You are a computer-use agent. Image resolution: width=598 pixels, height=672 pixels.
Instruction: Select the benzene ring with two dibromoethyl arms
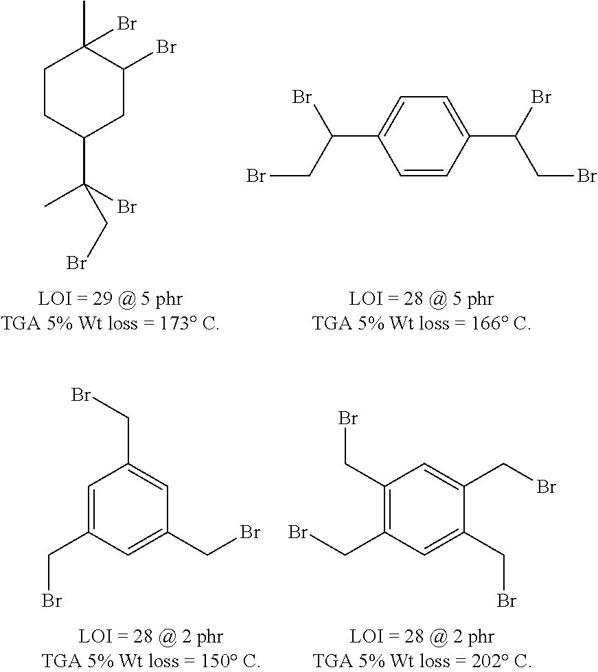[x=424, y=137]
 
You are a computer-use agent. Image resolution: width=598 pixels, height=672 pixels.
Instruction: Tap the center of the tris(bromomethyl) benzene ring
[x=128, y=509]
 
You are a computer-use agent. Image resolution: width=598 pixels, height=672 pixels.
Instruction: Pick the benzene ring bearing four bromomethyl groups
[x=424, y=509]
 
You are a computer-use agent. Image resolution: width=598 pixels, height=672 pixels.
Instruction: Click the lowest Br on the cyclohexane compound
[x=77, y=263]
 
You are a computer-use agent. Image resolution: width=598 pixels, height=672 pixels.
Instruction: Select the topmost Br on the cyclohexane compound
[x=126, y=25]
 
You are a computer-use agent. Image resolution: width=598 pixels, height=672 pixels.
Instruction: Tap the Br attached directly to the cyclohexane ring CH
[x=166, y=47]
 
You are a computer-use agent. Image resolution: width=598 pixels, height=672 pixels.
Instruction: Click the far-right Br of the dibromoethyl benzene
[x=586, y=176]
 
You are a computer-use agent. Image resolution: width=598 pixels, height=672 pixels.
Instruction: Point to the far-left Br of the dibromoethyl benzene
[x=257, y=176]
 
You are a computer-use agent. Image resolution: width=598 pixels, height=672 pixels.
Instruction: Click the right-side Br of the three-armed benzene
[x=250, y=532]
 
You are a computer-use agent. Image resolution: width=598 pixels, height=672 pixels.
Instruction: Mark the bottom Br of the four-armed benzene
[x=506, y=601]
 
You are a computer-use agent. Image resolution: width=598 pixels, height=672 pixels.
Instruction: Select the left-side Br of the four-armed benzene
[x=298, y=532]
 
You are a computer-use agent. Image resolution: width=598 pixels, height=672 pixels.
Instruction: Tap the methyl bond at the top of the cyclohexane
[x=84, y=23]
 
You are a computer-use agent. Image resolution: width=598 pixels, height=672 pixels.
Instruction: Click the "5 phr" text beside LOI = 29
[x=159, y=299]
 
